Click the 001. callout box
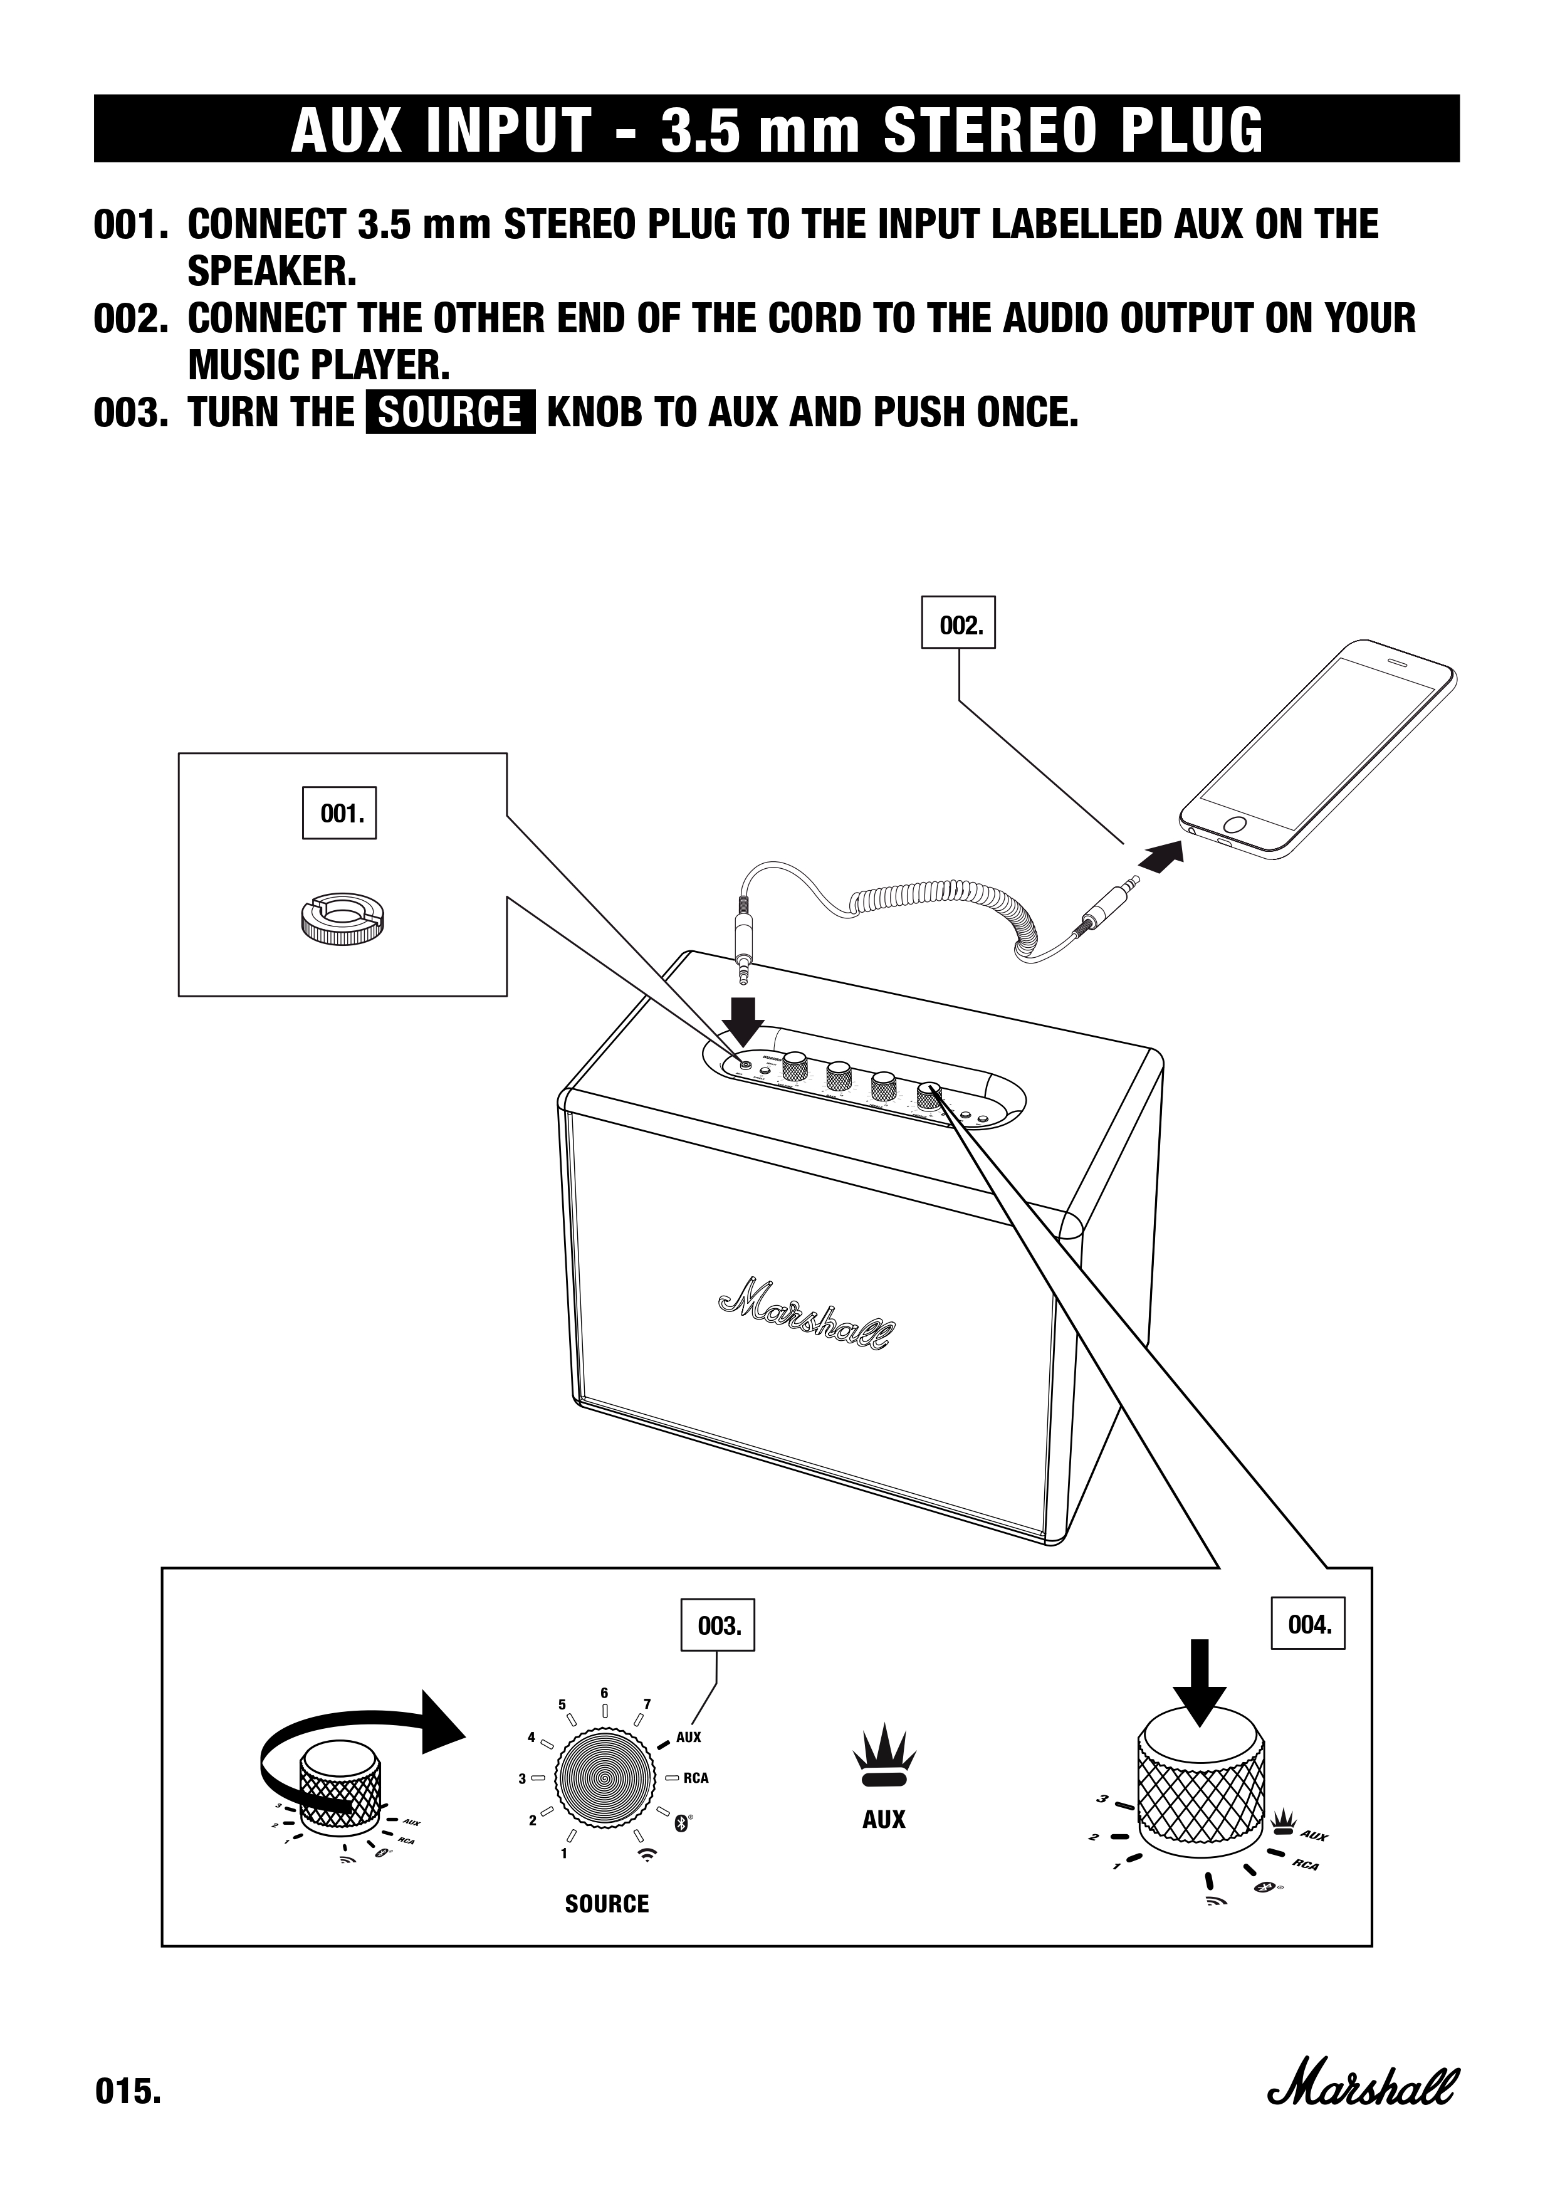point(339,813)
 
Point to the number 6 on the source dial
point(604,1693)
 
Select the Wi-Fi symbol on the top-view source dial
point(648,1854)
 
